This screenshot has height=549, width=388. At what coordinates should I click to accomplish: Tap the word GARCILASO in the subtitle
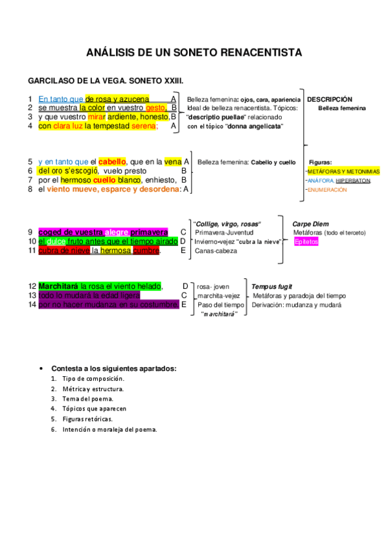tap(50, 82)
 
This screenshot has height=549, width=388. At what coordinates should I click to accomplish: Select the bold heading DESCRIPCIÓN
tap(330, 99)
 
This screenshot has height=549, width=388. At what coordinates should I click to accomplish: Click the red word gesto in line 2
tap(156, 108)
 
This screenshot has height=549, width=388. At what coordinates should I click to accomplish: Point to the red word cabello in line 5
tap(112, 161)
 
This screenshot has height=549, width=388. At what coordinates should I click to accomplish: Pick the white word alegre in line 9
tap(117, 232)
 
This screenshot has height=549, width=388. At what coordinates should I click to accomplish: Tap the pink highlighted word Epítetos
tap(306, 241)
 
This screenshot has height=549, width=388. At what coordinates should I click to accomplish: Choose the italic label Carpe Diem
tap(310, 224)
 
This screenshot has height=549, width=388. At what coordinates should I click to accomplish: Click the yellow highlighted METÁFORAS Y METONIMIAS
tap(344, 172)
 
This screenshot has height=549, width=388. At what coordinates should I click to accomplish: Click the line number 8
tap(30, 189)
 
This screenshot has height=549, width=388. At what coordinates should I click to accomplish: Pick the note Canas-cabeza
tap(217, 251)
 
